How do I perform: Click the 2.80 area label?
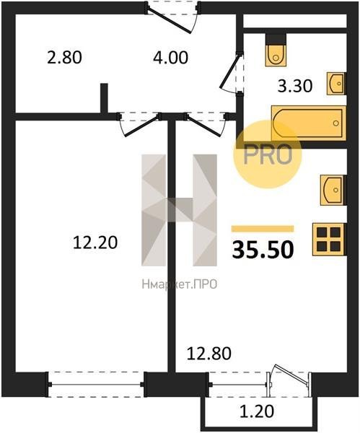click(64, 58)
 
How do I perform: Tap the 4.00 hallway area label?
click(170, 58)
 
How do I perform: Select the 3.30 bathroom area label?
click(295, 86)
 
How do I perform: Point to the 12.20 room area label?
click(95, 242)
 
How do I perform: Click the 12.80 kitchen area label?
click(209, 354)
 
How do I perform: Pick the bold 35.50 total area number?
click(263, 250)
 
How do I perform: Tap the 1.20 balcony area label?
click(256, 411)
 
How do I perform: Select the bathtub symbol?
click(309, 123)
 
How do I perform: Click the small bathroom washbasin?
click(336, 84)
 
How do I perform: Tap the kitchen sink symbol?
click(333, 190)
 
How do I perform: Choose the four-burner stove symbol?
click(328, 240)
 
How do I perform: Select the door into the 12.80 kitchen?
click(206, 126)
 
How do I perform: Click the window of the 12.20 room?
click(96, 385)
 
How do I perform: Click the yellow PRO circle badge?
click(268, 154)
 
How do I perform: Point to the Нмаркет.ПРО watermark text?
click(180, 284)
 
